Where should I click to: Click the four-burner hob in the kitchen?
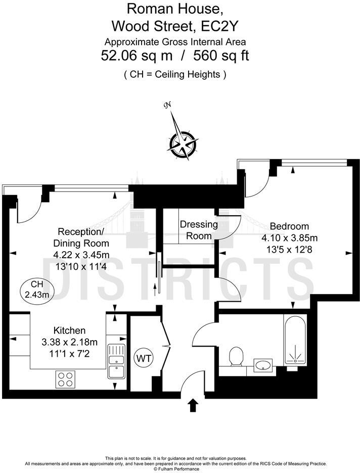pyautogui.click(x=65, y=379)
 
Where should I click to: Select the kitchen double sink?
pyautogui.click(x=115, y=361)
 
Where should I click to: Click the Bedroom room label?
pyautogui.click(x=289, y=226)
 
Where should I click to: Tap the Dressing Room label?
pyautogui.click(x=199, y=230)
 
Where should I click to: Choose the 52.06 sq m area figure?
pyautogui.click(x=133, y=56)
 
